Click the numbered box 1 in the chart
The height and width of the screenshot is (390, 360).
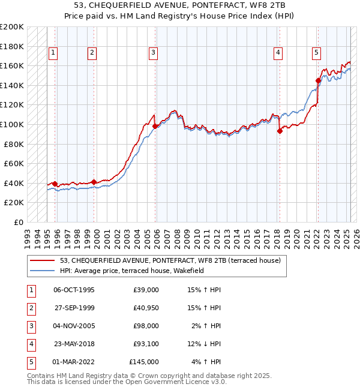click(53, 53)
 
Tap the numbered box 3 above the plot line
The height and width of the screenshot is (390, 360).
click(154, 53)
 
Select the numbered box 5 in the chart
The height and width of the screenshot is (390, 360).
click(316, 53)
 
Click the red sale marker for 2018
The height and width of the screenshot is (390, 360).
click(280, 131)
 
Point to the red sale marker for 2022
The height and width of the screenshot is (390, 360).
click(318, 80)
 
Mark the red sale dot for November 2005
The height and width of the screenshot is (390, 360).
click(155, 126)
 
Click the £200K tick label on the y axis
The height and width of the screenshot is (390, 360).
click(12, 27)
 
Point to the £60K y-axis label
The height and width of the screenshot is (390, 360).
click(14, 163)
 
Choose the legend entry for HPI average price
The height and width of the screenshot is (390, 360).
click(132, 271)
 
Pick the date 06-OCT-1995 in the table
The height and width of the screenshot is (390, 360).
click(74, 290)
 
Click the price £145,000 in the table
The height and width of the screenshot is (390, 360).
click(144, 362)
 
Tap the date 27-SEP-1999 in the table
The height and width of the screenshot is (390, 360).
click(74, 308)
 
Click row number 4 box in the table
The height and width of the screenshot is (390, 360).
click(31, 344)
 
